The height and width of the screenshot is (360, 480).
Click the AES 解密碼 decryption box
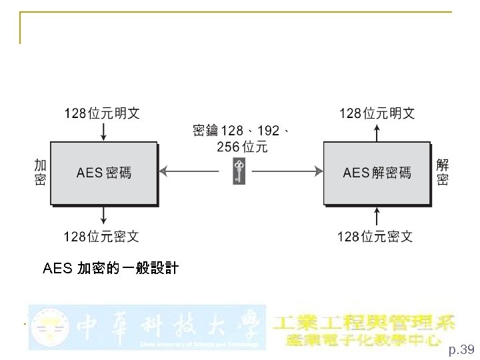point(377,173)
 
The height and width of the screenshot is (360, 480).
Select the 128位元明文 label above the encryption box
point(101,113)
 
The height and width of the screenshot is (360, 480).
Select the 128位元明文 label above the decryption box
point(377,113)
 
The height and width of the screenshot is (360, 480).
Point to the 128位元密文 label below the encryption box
point(101,236)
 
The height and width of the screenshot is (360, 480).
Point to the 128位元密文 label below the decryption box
point(375,236)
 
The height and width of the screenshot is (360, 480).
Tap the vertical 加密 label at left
point(40,172)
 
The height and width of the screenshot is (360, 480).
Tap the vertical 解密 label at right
point(443,172)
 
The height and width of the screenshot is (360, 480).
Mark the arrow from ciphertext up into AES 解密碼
point(377,215)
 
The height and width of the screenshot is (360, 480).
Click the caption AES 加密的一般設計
point(111,269)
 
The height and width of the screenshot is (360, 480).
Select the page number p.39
point(461,349)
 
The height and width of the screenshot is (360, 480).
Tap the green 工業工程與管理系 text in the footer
point(365,322)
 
